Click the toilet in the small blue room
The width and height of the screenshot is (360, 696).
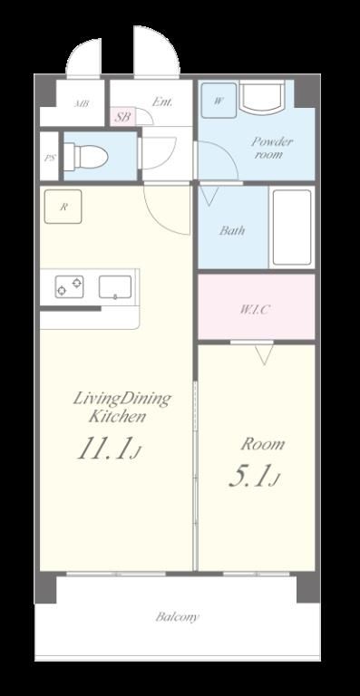86,157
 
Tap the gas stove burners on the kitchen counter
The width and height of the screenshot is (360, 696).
69,286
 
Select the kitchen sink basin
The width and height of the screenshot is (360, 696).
115,286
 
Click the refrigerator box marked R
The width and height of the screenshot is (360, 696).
63,207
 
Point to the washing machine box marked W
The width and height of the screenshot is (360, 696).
219,101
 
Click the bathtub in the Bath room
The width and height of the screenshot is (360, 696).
292,227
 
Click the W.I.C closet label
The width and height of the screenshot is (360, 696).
255,309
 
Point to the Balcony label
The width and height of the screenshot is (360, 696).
177,616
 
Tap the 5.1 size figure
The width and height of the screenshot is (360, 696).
254,477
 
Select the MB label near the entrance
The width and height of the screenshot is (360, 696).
82,104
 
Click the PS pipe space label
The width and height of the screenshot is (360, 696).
50,158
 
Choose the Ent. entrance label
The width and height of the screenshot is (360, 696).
162,101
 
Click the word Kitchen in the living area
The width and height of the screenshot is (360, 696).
117,417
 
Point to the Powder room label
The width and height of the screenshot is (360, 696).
272,149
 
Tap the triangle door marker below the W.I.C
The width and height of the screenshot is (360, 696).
264,354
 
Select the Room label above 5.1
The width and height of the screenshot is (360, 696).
262,444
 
